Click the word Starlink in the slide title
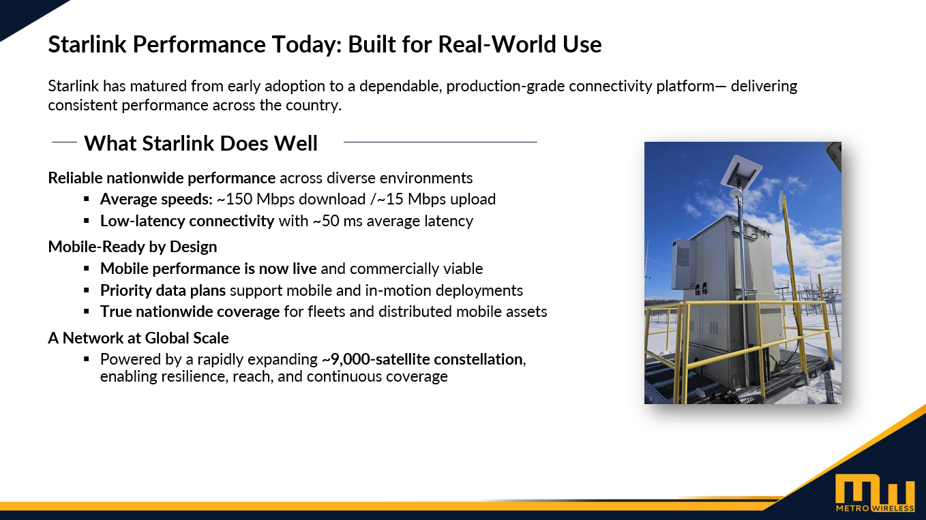pos(87,44)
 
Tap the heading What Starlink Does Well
pos(201,143)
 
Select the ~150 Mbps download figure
pos(291,199)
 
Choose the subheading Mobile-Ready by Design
pos(132,247)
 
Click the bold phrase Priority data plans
pos(163,290)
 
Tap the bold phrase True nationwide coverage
pos(190,311)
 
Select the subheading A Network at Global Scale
pos(138,338)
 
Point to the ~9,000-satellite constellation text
pos(422,359)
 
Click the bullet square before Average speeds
pos(87,199)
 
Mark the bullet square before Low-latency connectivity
pos(87,221)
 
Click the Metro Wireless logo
pos(875,493)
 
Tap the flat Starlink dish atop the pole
pos(742,172)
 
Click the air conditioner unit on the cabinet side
pos(683,264)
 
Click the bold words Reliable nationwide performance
pos(162,178)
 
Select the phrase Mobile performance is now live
pos(209,269)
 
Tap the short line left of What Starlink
pos(65,142)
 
